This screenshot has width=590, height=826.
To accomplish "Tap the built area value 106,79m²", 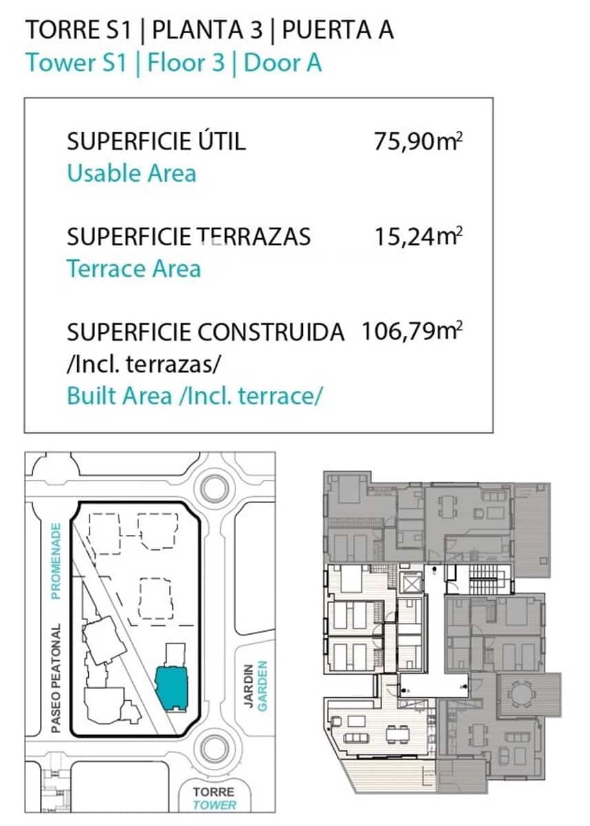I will (412, 332).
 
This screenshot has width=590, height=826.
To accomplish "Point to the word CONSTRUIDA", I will (271, 332).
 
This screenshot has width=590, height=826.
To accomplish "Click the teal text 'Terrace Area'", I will (134, 268).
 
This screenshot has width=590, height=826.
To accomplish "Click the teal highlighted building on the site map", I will (173, 687).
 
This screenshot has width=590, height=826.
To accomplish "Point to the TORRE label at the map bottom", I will (214, 792).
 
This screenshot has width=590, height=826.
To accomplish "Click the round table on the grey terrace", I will (523, 692).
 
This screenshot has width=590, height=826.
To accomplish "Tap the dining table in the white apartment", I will (395, 734).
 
